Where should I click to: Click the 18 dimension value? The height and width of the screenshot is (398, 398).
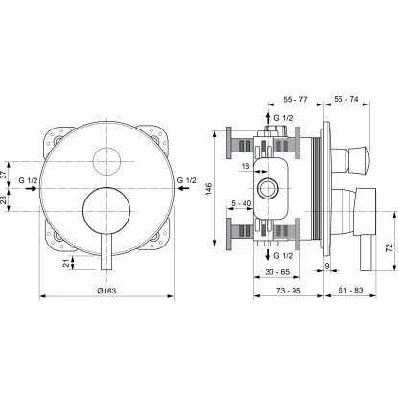[x=246, y=167]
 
